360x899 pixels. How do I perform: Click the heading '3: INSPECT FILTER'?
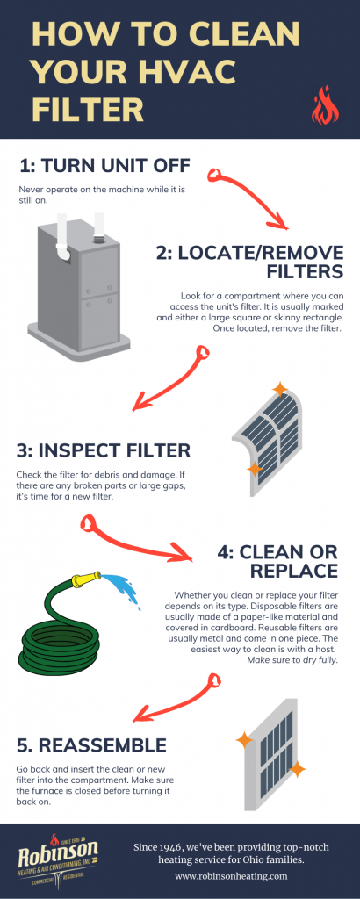(103, 450)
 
